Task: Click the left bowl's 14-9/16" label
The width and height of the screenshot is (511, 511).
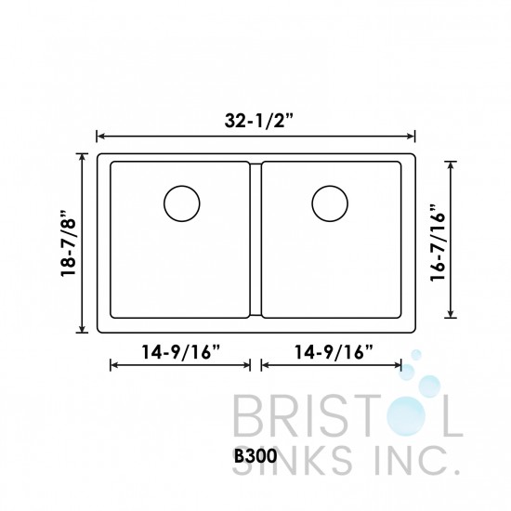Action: click(180, 352)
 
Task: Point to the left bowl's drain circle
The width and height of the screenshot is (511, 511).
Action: click(182, 202)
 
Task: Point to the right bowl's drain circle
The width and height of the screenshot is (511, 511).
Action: click(330, 202)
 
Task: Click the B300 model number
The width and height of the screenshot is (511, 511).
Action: click(255, 456)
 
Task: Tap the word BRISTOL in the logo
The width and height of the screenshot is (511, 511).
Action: click(344, 416)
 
